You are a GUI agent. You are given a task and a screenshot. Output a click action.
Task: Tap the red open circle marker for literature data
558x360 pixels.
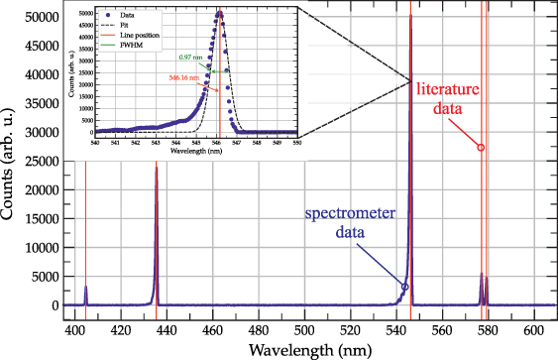pos(481,147)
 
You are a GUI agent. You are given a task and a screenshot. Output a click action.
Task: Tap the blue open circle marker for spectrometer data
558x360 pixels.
pos(404,287)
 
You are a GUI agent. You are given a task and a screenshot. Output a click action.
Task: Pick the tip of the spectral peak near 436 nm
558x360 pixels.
pos(156,167)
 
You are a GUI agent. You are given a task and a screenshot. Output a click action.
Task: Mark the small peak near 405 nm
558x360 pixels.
pos(86,288)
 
